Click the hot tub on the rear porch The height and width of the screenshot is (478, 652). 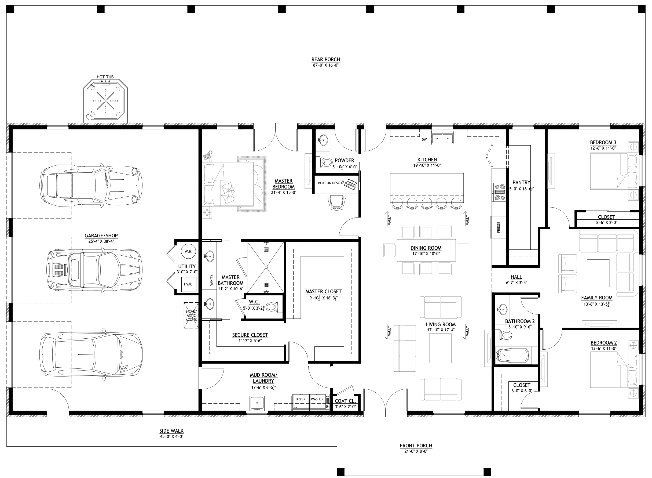(105, 101)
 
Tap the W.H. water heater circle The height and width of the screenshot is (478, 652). (189, 251)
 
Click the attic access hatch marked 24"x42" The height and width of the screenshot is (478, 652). (191, 315)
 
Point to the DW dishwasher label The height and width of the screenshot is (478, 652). (424, 139)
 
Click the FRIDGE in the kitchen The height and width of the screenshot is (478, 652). (498, 227)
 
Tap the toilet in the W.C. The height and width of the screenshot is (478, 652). (272, 307)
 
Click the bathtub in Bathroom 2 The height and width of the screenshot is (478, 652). (513, 355)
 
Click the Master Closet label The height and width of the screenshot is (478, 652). (323, 292)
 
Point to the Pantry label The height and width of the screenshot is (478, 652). (521, 183)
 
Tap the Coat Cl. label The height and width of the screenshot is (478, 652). (345, 401)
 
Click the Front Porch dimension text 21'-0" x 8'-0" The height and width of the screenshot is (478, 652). (414, 451)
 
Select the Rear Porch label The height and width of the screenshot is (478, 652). (325, 60)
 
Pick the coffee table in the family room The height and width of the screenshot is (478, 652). (598, 273)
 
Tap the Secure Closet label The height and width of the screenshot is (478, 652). (250, 335)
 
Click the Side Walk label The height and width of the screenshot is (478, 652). (171, 431)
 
